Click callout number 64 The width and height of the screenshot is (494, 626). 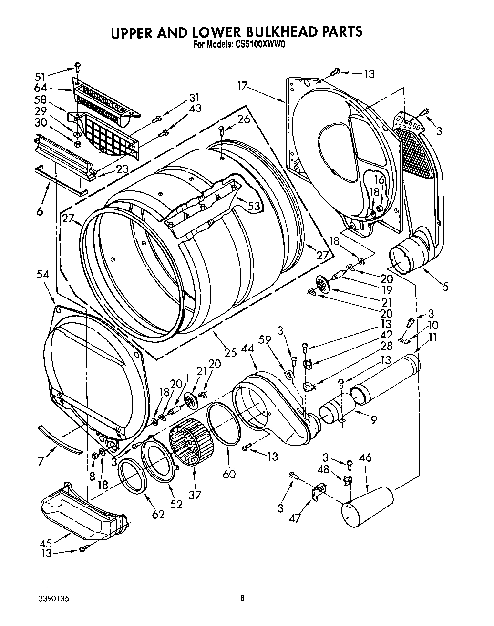click(x=41, y=88)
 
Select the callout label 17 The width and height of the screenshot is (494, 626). click(x=243, y=86)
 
